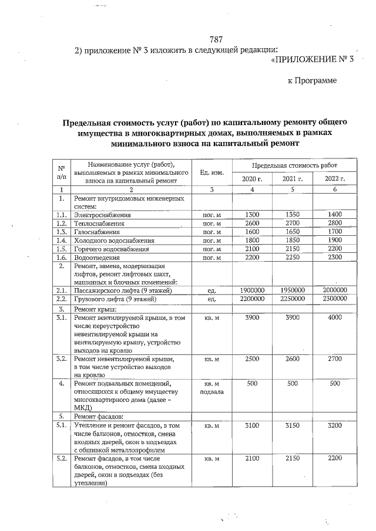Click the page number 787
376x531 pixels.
(x=216, y=40)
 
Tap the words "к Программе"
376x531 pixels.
(x=312, y=80)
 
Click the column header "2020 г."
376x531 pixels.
(x=252, y=178)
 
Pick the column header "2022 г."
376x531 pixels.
(x=334, y=178)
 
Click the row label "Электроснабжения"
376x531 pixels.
(x=103, y=215)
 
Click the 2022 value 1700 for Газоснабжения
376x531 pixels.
(x=334, y=232)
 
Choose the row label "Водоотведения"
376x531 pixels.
(x=97, y=257)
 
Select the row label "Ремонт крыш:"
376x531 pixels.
(x=96, y=307)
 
